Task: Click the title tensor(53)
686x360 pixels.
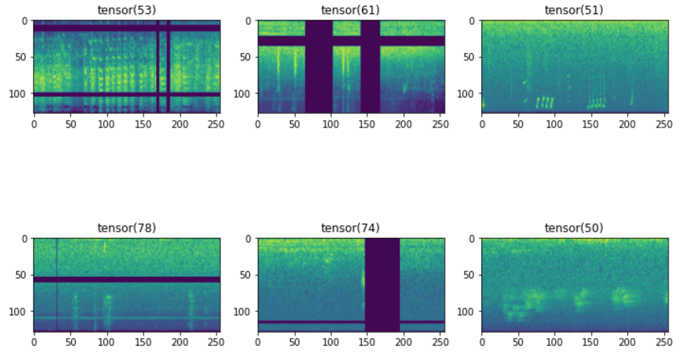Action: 126,10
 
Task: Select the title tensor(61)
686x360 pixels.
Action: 351,10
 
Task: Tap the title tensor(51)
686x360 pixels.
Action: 574,10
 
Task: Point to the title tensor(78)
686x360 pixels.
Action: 126,228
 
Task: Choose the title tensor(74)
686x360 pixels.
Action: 351,228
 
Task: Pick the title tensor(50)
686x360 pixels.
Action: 574,228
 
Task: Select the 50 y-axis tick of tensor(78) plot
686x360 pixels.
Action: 24,275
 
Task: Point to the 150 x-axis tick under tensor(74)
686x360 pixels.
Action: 367,342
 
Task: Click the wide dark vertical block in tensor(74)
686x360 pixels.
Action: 382,284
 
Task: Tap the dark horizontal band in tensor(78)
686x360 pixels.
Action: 126,279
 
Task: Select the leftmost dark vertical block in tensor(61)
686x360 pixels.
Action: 319,66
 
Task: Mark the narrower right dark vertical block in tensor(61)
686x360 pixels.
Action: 370,66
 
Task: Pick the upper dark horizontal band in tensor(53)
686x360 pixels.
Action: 95,28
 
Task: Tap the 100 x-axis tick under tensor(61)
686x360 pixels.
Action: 331,124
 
